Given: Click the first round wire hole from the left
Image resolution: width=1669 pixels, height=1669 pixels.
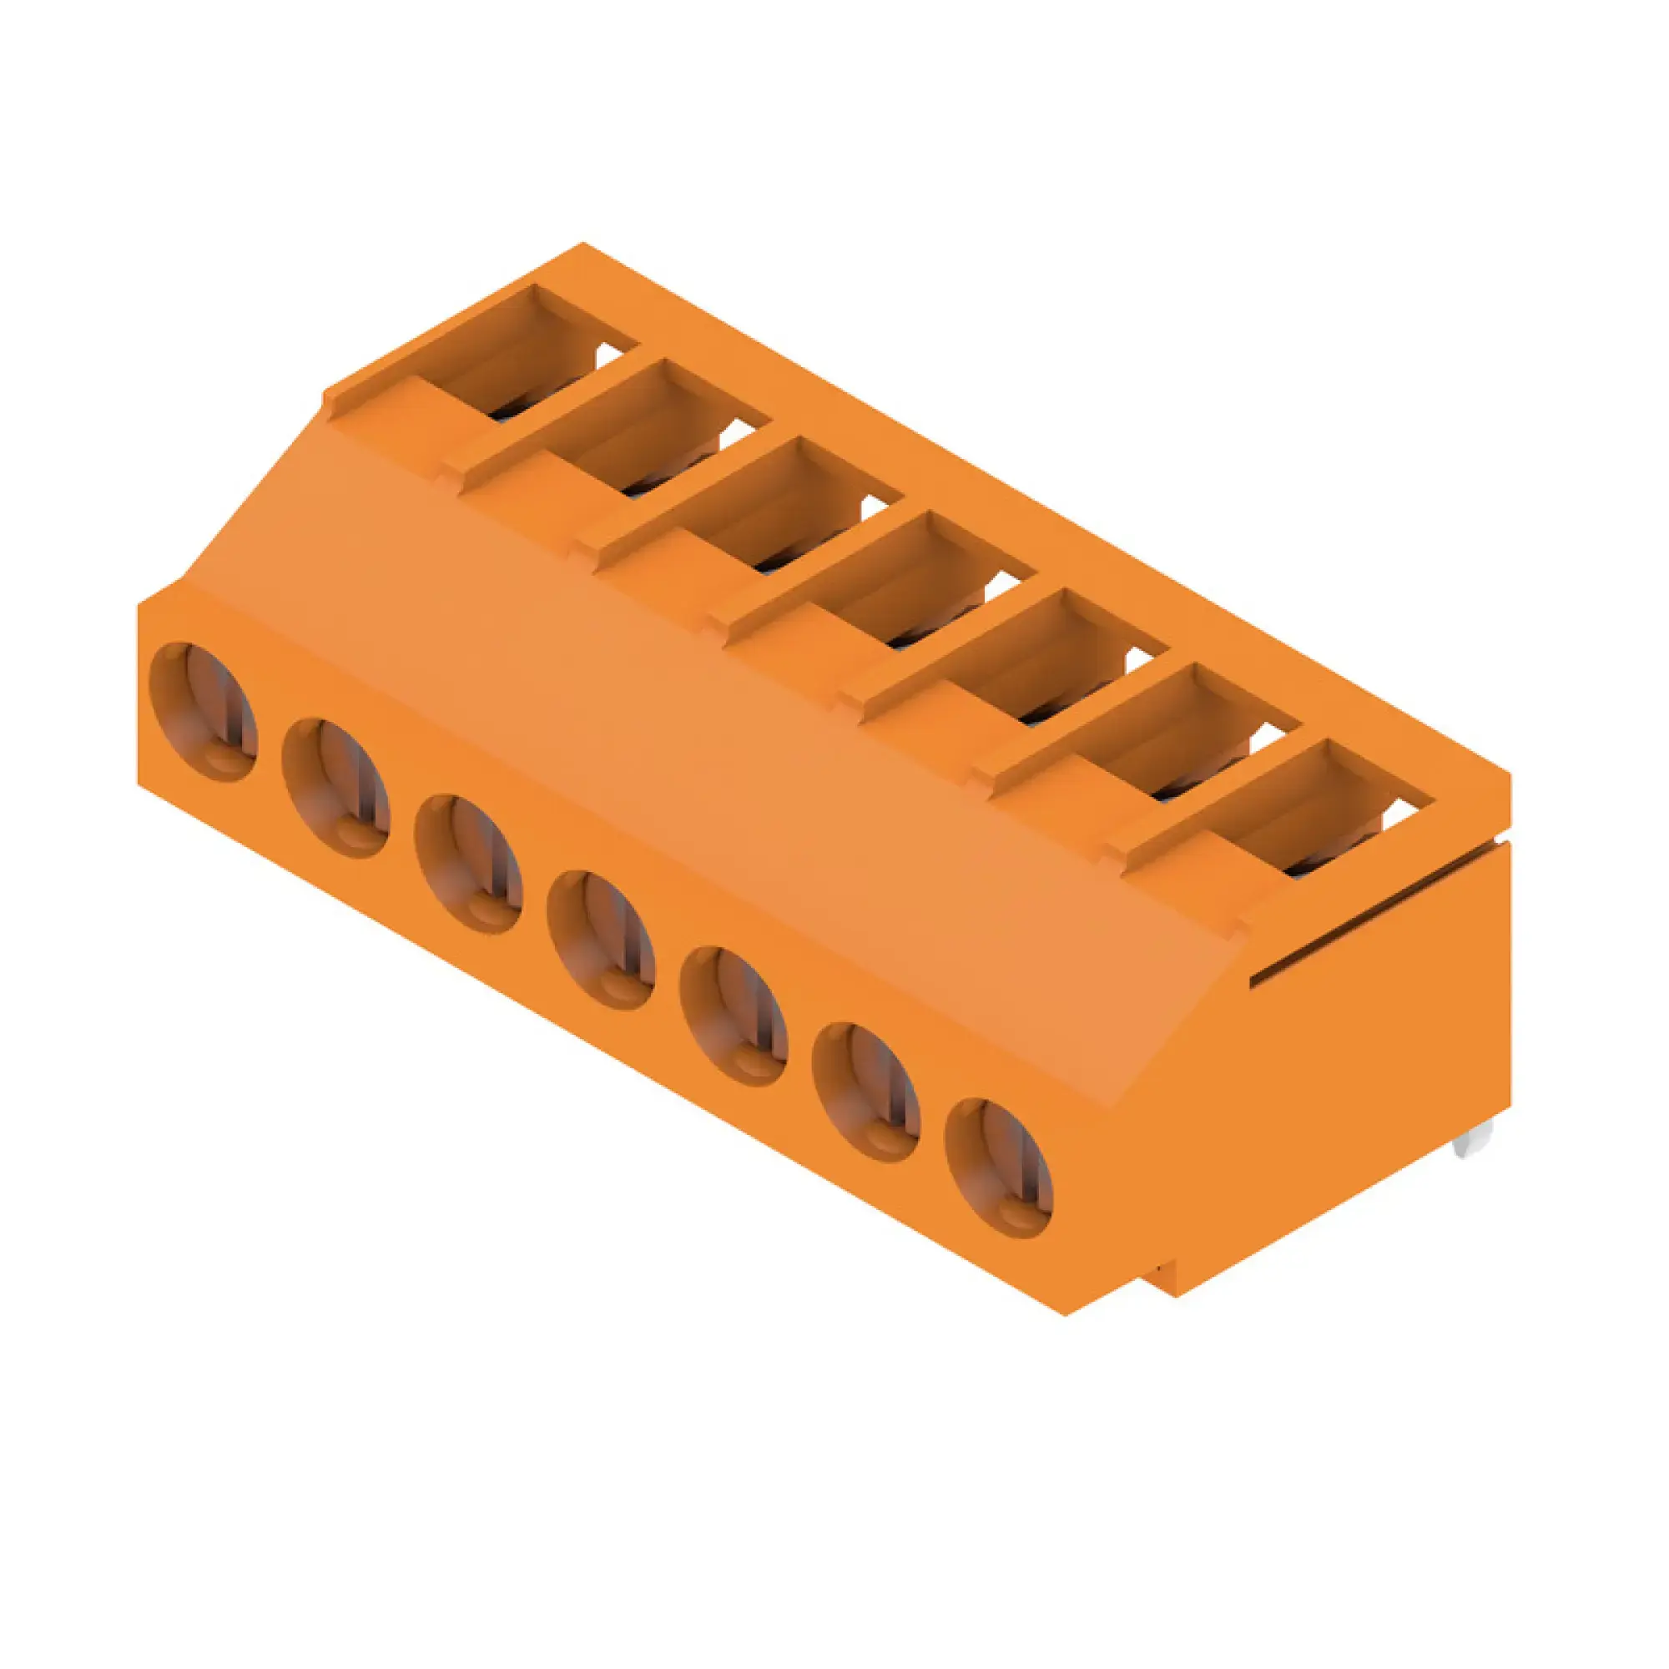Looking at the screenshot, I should coord(203,712).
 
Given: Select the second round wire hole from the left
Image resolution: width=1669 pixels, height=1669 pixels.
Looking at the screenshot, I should coord(336,788).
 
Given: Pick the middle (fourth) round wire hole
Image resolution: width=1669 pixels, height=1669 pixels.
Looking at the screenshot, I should coord(600,940).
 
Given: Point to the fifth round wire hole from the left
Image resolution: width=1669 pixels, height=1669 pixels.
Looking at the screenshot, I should coord(734,1016).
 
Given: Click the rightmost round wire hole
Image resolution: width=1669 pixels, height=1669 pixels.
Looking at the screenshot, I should coord(999,1167).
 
